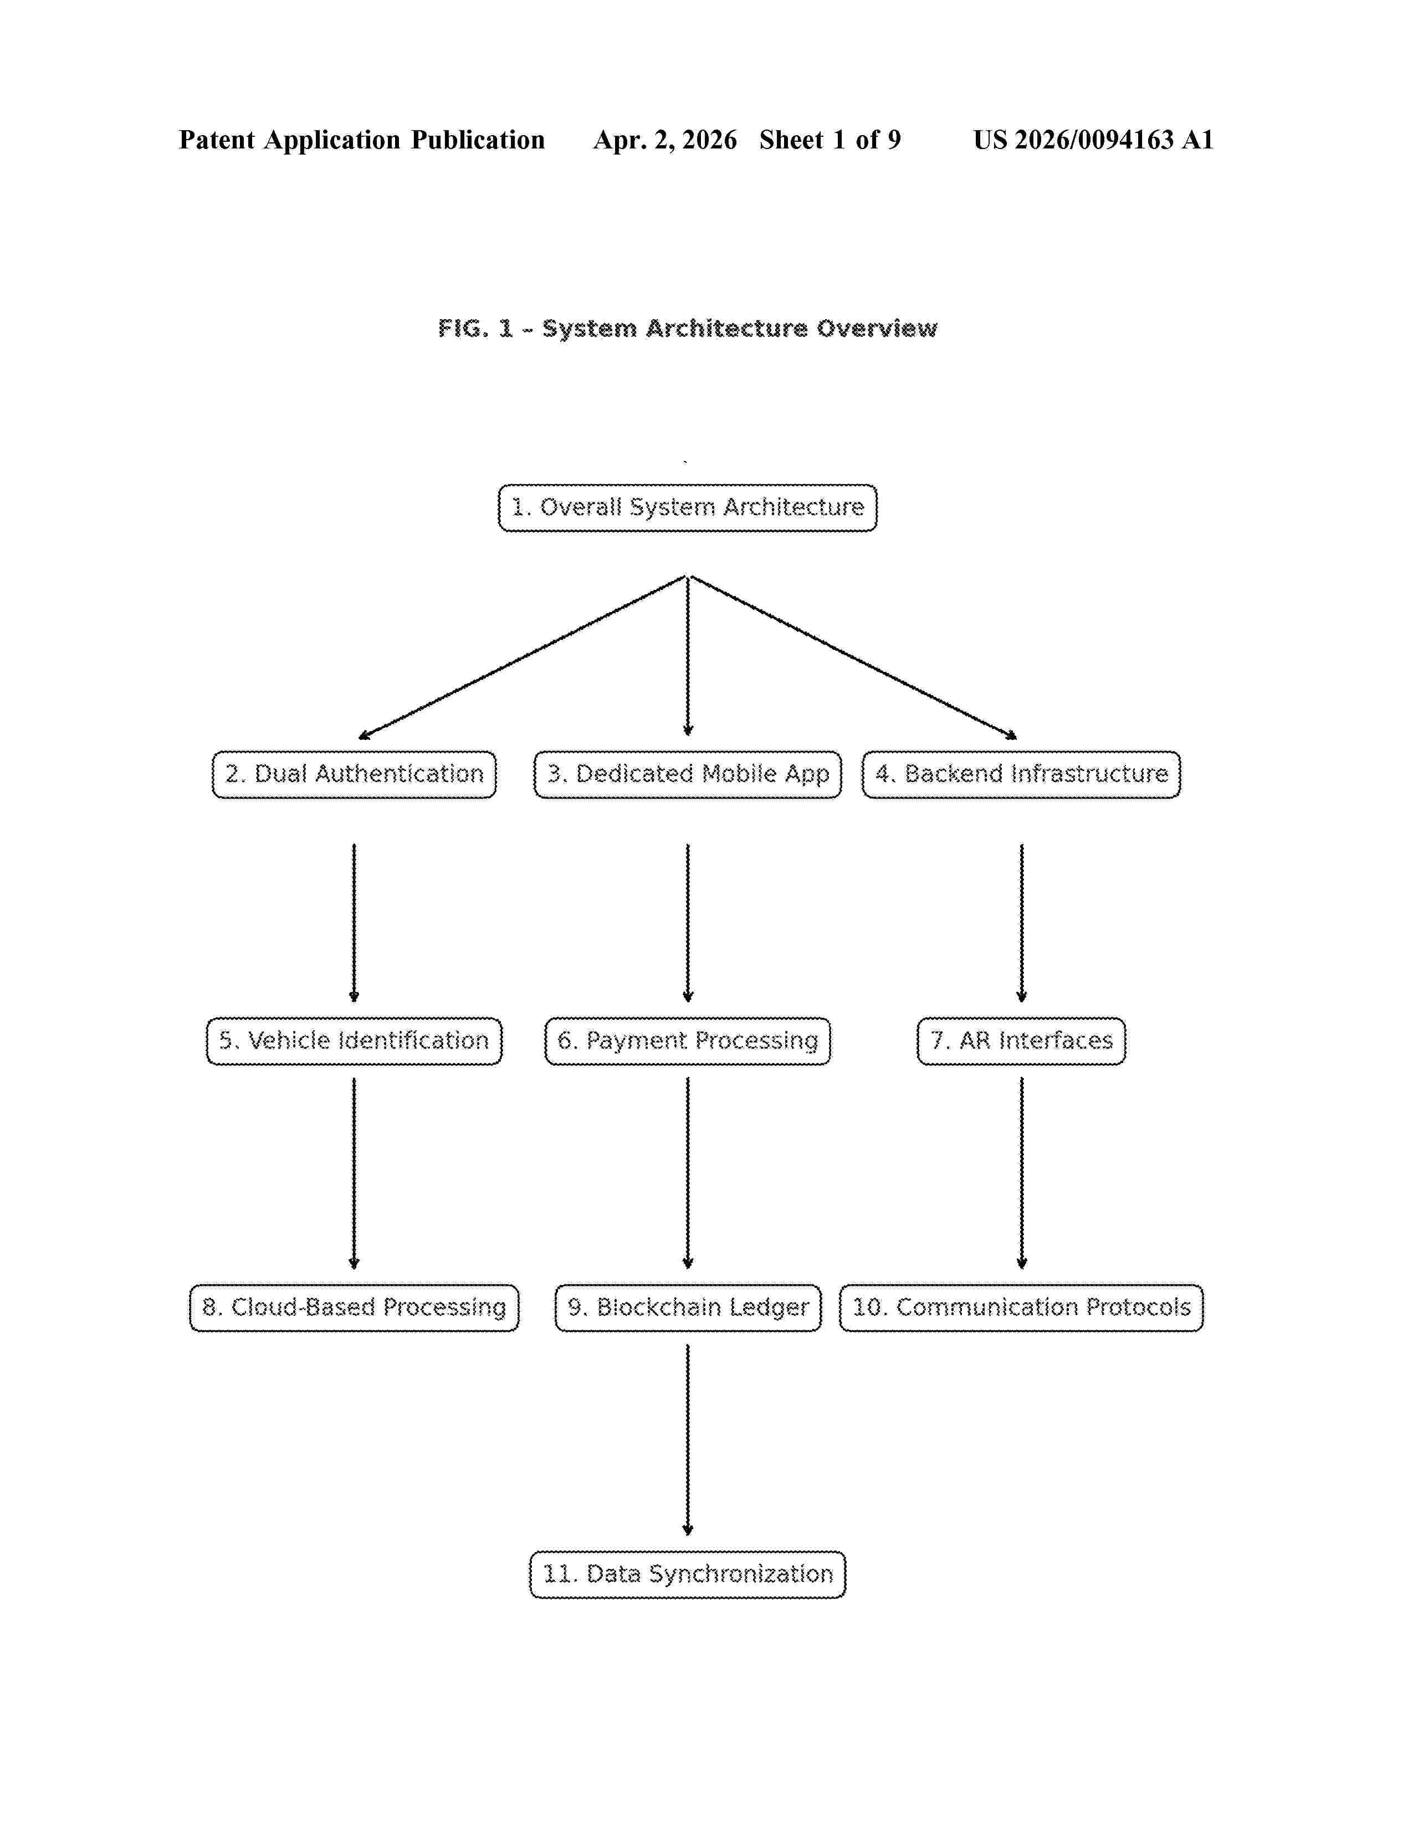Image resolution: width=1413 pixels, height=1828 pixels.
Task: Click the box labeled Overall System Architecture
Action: coord(687,507)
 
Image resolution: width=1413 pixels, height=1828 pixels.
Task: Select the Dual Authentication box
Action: coord(354,774)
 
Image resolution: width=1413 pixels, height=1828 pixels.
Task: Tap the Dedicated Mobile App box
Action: coord(687,774)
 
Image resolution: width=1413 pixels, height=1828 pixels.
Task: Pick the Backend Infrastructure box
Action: coord(1021,774)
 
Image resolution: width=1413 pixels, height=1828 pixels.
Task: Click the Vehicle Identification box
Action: coord(354,1041)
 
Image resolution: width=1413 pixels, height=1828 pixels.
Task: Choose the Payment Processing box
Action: coord(687,1041)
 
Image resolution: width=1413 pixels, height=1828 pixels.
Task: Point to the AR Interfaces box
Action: coord(1021,1041)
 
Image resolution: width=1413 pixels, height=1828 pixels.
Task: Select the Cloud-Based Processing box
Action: coord(354,1307)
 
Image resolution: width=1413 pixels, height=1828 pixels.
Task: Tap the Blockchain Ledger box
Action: coord(687,1307)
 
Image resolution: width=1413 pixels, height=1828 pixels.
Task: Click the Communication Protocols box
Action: coord(1021,1307)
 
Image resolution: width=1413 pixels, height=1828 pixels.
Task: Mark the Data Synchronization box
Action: coord(687,1574)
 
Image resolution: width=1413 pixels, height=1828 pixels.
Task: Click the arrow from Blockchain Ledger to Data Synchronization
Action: coord(687,1440)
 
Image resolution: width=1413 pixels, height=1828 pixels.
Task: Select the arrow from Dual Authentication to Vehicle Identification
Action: coord(354,922)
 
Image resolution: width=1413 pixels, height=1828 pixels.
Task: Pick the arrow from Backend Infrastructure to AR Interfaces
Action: coord(1021,922)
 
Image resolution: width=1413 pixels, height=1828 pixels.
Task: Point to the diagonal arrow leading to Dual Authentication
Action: coord(523,657)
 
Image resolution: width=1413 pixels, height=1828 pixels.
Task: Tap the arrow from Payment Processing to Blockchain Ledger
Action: coord(687,1173)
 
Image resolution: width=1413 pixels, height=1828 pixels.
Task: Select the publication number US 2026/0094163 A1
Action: coord(1093,140)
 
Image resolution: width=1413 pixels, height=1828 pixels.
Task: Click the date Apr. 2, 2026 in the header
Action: coord(665,140)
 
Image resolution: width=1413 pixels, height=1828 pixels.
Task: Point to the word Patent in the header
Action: coord(217,140)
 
